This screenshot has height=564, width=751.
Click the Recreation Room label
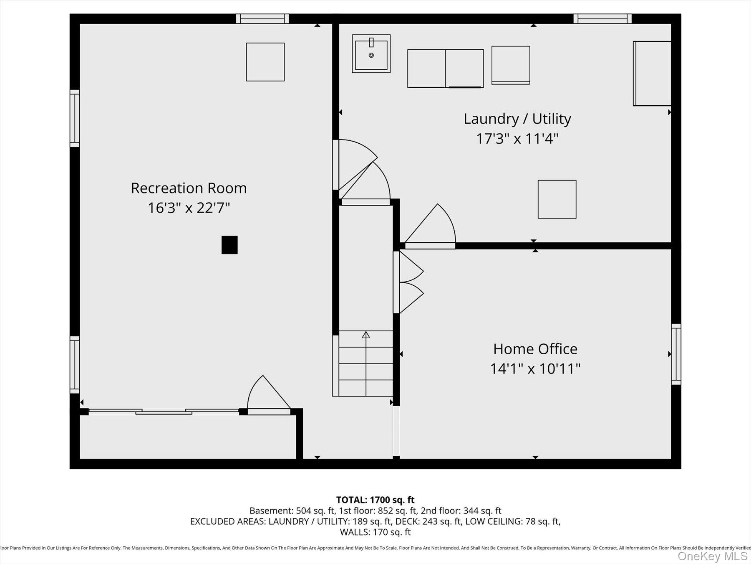click(x=189, y=188)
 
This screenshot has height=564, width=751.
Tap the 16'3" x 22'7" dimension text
click(x=189, y=208)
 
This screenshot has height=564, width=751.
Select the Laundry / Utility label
click(x=517, y=119)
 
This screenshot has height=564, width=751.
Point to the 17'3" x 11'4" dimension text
click(x=517, y=138)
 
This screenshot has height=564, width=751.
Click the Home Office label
click(x=535, y=349)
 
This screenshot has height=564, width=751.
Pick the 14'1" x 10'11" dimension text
click(x=535, y=368)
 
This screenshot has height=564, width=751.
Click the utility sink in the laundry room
click(x=371, y=53)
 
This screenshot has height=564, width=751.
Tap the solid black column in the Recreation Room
click(x=229, y=245)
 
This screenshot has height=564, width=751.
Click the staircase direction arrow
click(x=366, y=335)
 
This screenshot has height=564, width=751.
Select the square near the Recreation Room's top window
click(x=265, y=62)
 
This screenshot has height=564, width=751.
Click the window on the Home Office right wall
click(x=676, y=354)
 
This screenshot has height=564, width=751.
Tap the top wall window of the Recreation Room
click(x=262, y=19)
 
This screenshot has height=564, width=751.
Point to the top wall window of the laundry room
click(x=602, y=19)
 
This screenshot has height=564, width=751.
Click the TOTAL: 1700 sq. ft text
click(x=375, y=500)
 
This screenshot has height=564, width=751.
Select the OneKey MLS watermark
click(x=712, y=556)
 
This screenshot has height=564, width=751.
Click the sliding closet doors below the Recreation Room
click(x=164, y=412)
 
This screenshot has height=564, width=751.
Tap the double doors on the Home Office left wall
click(x=409, y=282)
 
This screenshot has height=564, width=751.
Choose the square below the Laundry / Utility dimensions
click(x=557, y=199)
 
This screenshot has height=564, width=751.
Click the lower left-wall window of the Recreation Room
click(x=75, y=364)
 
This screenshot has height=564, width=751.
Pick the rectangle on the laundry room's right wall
click(x=652, y=74)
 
